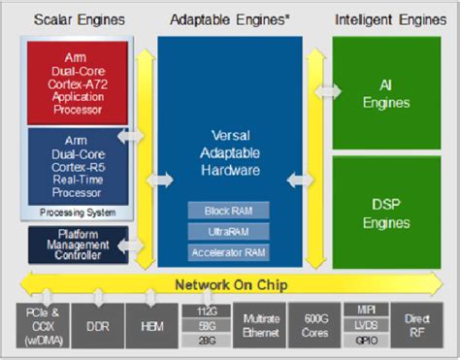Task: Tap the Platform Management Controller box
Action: tap(79, 244)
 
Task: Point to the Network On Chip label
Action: tap(229, 284)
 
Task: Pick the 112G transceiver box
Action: tap(206, 311)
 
